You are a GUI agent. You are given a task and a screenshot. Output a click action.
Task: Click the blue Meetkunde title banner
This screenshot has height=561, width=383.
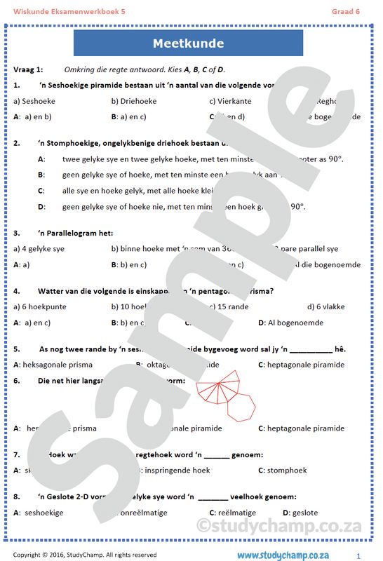(x=188, y=43)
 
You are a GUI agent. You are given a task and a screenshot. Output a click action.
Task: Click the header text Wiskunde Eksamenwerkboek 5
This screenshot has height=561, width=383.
(x=60, y=11)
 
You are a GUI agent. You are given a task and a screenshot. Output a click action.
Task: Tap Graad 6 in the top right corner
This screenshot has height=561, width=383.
(x=346, y=11)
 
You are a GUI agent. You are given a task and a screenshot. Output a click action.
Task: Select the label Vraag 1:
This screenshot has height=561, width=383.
(x=28, y=69)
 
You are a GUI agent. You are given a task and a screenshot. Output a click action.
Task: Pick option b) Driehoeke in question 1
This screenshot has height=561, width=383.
(x=134, y=101)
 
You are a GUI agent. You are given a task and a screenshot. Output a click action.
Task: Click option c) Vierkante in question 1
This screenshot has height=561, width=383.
(x=230, y=101)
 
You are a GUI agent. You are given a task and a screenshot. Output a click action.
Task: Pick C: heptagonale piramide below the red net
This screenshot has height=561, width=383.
(x=301, y=428)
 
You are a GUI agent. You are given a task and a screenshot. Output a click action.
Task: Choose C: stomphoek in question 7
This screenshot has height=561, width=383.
(x=281, y=470)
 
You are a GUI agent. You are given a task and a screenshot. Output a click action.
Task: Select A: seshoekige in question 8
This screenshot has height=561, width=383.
(x=39, y=513)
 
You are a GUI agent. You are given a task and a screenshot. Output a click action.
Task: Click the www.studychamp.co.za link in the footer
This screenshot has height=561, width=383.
(x=283, y=555)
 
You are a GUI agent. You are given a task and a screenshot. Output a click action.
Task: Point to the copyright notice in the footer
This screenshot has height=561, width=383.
(x=85, y=555)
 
